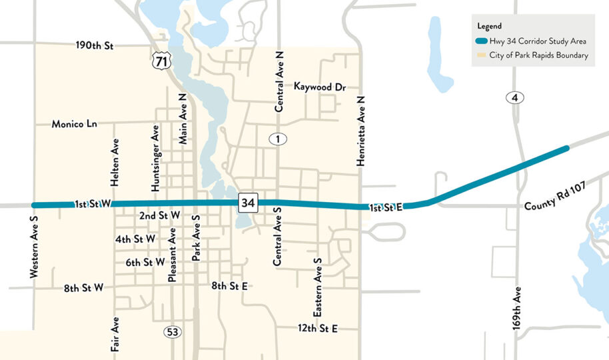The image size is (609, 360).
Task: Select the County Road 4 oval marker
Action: [x=515, y=98]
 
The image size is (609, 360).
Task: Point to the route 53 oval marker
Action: [x=173, y=331]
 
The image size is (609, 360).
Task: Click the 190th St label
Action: [x=95, y=46]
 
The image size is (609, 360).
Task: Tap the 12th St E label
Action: [x=318, y=329]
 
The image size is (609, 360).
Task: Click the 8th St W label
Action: [x=84, y=289]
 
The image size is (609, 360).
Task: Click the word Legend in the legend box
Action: [x=489, y=26]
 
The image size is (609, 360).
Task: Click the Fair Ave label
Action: [x=116, y=335]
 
